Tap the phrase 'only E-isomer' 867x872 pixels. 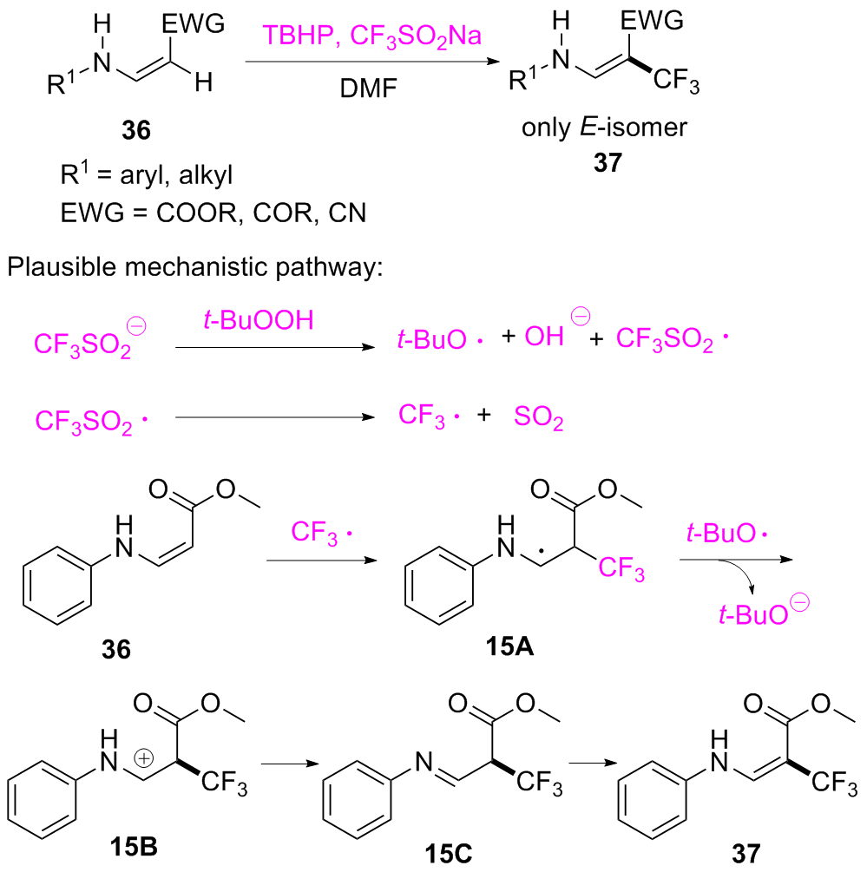(x=604, y=128)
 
